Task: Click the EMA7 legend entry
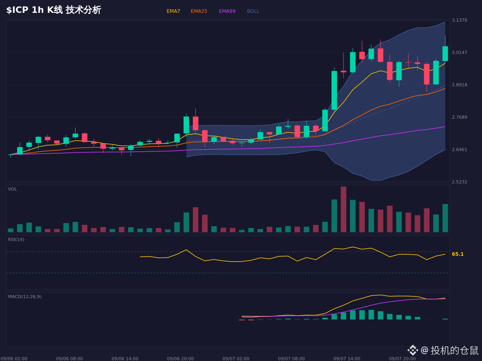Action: [173, 11]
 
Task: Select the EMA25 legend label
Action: [199, 11]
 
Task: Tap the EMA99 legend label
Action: [227, 11]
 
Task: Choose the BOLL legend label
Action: [253, 11]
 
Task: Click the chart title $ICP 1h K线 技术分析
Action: [54, 10]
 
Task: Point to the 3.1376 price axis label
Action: [460, 20]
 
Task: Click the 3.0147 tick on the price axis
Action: [460, 53]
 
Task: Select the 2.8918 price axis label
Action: [460, 85]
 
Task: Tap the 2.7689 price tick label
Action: [460, 117]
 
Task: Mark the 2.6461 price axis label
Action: [460, 150]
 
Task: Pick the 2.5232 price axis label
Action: [460, 182]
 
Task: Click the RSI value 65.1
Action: [457, 254]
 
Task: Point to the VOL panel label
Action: [12, 189]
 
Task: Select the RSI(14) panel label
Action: [16, 239]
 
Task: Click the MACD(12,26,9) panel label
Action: [25, 296]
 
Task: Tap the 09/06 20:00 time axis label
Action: [180, 359]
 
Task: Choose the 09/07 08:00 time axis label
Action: [291, 359]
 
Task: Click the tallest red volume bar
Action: [343, 209]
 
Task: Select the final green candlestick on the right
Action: [445, 53]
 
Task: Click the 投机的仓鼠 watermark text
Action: [454, 351]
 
